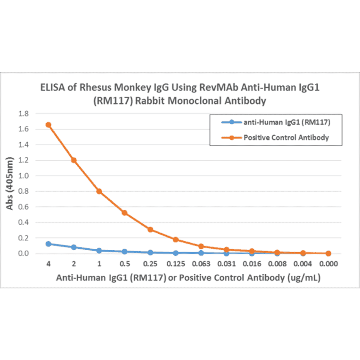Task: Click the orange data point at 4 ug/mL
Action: pos(48,125)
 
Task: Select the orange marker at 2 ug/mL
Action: pos(74,160)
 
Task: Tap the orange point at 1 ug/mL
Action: pos(99,191)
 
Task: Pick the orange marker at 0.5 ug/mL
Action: pos(124,213)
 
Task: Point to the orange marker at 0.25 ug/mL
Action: pos(150,229)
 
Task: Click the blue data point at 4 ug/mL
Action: pos(48,244)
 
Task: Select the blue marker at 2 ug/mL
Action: pos(74,247)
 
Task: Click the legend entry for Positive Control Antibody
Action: pos(286,138)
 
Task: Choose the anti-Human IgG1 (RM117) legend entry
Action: pos(285,123)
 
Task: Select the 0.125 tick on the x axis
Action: pos(175,264)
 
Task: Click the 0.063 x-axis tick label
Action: pos(201,264)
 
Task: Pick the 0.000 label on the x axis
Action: pos(328,264)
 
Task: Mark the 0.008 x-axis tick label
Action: pos(277,264)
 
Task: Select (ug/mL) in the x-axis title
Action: pos(304,278)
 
